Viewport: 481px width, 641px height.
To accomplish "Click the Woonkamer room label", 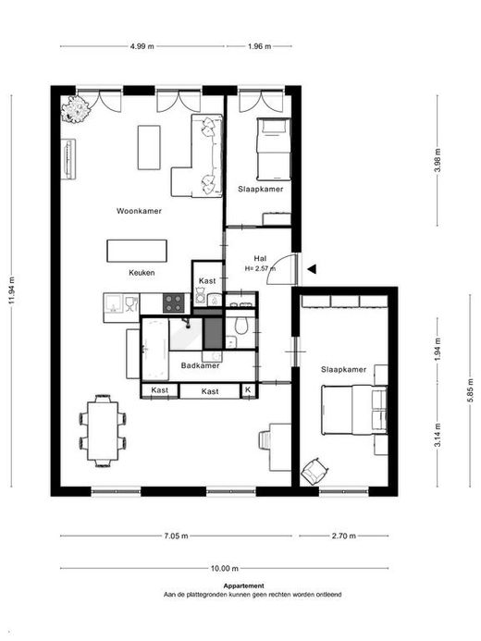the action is pyautogui.click(x=139, y=211).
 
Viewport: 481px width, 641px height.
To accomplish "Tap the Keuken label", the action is pyautogui.click(x=142, y=273).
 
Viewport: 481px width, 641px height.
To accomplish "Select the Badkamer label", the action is pyautogui.click(x=200, y=365).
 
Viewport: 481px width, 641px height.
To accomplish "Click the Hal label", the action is pyautogui.click(x=260, y=258).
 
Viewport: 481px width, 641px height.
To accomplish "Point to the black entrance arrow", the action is pyautogui.click(x=312, y=269).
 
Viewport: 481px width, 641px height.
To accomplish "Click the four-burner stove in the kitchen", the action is pyautogui.click(x=173, y=302).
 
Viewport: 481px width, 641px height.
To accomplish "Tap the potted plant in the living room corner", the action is pyautogui.click(x=75, y=109).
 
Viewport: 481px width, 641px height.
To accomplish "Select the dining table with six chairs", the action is pyautogui.click(x=103, y=431).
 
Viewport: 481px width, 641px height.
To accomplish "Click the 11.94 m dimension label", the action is pyautogui.click(x=12, y=290).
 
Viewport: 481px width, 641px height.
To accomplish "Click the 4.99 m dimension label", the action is pyautogui.click(x=142, y=46).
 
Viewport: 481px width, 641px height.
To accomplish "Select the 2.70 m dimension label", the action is pyautogui.click(x=344, y=536).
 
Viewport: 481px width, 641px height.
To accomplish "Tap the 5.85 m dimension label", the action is pyautogui.click(x=471, y=390).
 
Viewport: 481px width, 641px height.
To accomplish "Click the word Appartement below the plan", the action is pyautogui.click(x=243, y=586).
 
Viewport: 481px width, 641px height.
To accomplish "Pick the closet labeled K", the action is pyautogui.click(x=248, y=390).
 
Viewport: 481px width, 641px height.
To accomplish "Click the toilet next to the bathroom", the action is pyautogui.click(x=241, y=324).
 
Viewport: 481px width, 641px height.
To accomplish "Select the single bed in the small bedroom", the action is pyautogui.click(x=274, y=149).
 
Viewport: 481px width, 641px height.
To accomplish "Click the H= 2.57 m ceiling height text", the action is pyautogui.click(x=260, y=268).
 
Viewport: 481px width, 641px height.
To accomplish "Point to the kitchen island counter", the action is pyautogui.click(x=137, y=251).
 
